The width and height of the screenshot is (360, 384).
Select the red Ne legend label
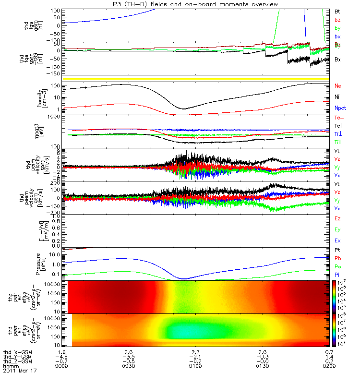pos(338,85)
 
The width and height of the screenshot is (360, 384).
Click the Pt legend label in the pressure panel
pos(337,251)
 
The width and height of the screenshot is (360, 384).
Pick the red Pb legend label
pos(337,259)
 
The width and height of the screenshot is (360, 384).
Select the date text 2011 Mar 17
pos(19,371)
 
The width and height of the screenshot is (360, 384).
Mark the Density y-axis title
pos(41,98)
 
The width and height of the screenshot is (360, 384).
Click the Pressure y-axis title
pos(42,264)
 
